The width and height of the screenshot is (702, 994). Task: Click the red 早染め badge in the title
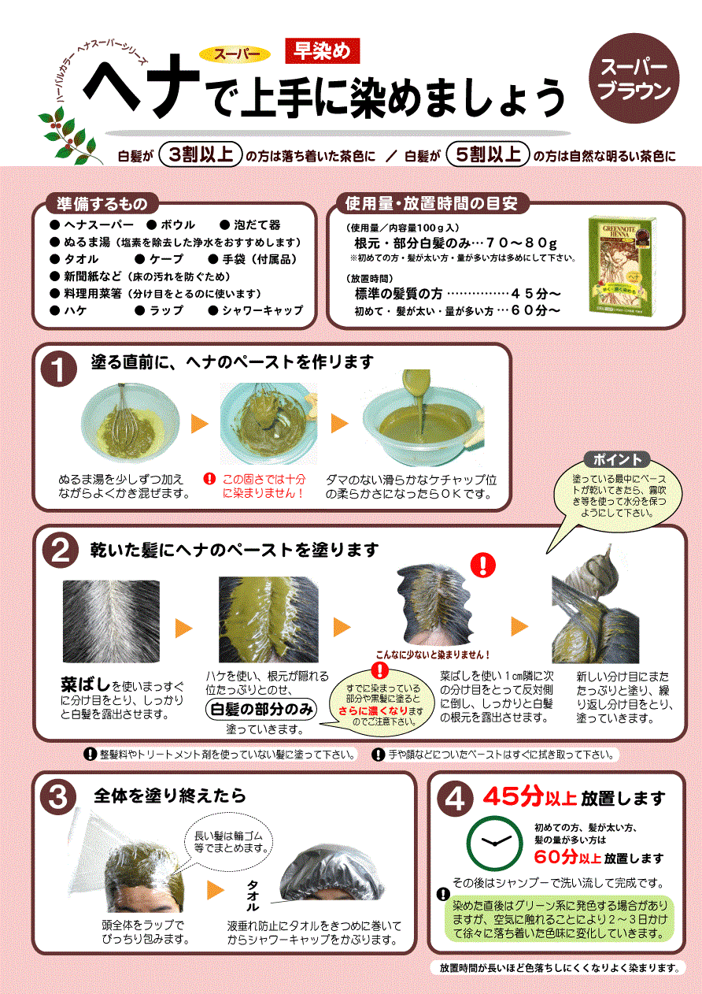pos(322,50)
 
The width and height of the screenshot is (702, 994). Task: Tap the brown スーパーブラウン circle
pos(634,78)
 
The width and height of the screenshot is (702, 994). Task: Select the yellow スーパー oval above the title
pos(235,54)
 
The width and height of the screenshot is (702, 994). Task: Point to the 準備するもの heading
pos(102,204)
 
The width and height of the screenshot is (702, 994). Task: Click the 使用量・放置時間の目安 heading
pos(431,204)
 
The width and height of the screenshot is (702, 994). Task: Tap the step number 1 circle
pos(59,369)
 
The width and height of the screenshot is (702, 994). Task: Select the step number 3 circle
pos(58,796)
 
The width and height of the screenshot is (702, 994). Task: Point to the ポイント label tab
pos(617,460)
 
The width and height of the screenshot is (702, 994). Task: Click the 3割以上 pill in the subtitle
pos(201,155)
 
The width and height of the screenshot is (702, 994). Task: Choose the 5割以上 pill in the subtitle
pos(488,155)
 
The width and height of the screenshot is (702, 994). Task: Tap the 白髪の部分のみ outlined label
pos(261,709)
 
